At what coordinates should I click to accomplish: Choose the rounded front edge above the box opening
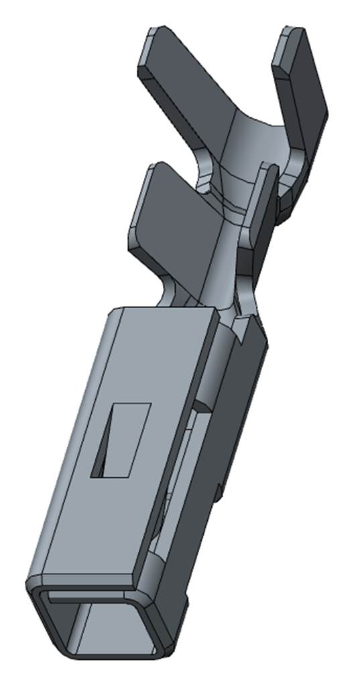(x=87, y=583)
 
